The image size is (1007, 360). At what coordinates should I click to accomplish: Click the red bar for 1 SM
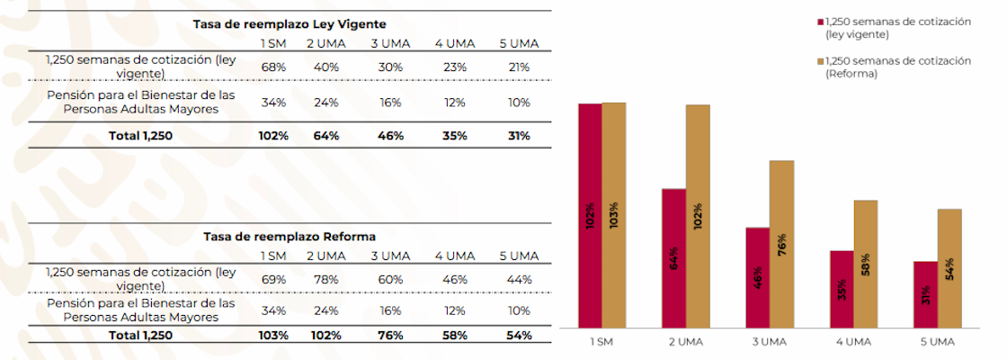590,216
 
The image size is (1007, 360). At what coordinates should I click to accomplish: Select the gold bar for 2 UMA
698,216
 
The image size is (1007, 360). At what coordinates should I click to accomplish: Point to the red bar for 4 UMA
842,289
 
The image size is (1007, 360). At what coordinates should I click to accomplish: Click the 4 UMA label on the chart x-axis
853,343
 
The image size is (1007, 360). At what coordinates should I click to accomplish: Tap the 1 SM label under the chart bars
602,343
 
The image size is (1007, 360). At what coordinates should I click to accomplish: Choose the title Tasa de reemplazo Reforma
290,236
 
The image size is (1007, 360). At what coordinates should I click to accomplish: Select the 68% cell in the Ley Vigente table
273,66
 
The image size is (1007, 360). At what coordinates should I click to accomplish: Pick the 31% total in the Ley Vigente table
517,136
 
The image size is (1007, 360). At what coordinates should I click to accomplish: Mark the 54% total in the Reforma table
517,335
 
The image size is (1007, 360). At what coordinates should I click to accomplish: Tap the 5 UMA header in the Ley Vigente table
519,43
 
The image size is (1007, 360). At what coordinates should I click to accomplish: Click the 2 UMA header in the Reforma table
323,256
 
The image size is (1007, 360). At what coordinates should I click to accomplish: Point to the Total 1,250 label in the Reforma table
141,335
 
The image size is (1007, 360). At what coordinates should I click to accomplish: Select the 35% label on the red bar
842,291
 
